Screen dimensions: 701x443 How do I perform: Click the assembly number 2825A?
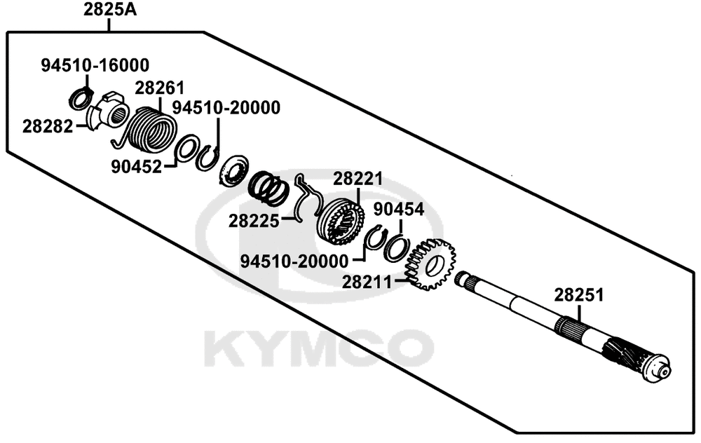click(110, 9)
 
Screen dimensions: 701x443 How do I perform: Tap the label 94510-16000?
click(95, 65)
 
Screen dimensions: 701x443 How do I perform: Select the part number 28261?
click(160, 88)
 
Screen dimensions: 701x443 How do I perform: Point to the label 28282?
click(48, 126)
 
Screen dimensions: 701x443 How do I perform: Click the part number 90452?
click(137, 167)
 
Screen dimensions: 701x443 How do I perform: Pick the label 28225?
click(254, 221)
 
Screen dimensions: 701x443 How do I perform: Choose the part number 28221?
click(358, 179)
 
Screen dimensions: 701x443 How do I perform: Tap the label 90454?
click(399, 209)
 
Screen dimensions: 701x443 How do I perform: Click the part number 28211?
click(367, 282)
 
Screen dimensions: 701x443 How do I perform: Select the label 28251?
click(579, 295)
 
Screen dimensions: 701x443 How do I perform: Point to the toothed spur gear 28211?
click(430, 264)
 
